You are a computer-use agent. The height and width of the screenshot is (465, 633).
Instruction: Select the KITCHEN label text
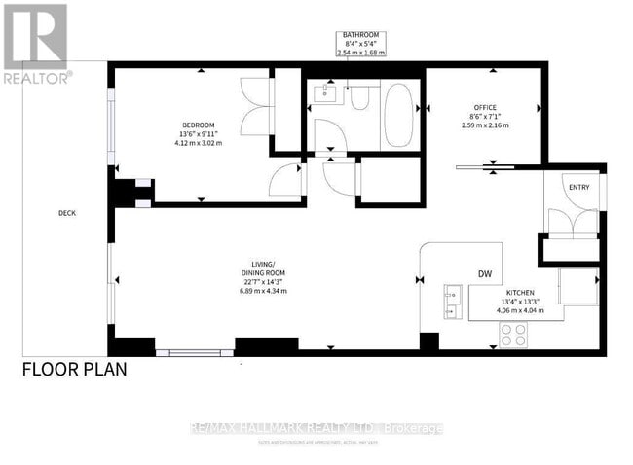pos(518,292)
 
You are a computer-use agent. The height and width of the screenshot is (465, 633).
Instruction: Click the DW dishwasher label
pos(483,273)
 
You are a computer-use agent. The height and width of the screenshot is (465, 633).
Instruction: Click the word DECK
pos(66,213)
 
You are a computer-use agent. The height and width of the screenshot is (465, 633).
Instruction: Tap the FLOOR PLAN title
pos(73,370)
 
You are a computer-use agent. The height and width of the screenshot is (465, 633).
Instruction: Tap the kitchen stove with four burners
pos(513,335)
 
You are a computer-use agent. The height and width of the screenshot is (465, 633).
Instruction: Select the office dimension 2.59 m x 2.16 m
pos(486,125)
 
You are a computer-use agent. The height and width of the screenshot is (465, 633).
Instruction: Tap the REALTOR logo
pos(35,43)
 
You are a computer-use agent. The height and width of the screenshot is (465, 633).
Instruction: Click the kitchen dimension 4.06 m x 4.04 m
pos(518,311)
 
